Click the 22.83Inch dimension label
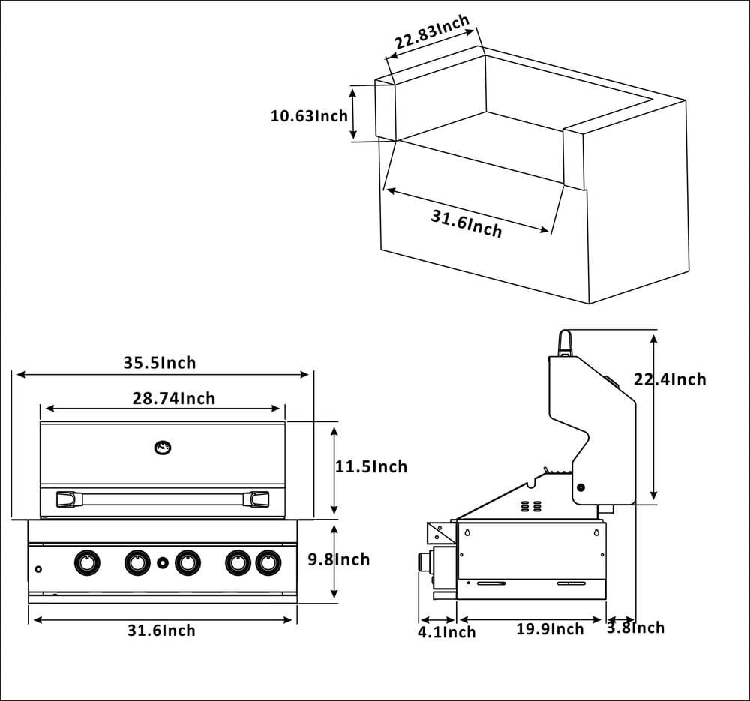point(433,31)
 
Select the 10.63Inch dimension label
point(309,116)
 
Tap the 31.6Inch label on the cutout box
point(466,223)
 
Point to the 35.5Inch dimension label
point(160,363)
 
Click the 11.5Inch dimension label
point(371,466)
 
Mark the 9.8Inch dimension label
point(339,559)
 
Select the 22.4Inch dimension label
point(670,379)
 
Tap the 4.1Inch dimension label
point(447,632)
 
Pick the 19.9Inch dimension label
point(549,628)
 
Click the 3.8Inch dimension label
point(635,627)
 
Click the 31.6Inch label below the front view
point(161,631)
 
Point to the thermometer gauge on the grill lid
point(162,448)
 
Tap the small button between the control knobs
point(163,562)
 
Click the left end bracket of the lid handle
point(66,499)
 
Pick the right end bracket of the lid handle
point(259,499)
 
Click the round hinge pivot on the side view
point(580,488)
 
